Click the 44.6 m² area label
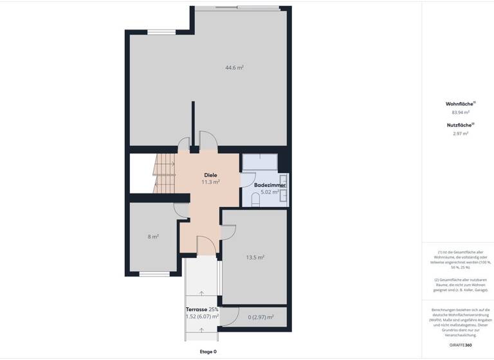pos(234,67)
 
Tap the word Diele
pos(210,175)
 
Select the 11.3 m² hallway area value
pos(210,182)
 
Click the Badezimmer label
pos(270,185)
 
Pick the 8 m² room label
pos(153,237)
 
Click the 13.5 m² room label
pos(255,257)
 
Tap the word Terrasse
pos(196,310)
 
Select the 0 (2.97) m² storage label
pos(261,316)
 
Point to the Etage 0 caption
pos(208,352)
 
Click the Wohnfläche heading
pos(460,104)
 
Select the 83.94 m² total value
pos(461,112)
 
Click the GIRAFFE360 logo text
pos(460,345)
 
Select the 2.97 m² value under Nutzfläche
pos(461,134)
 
